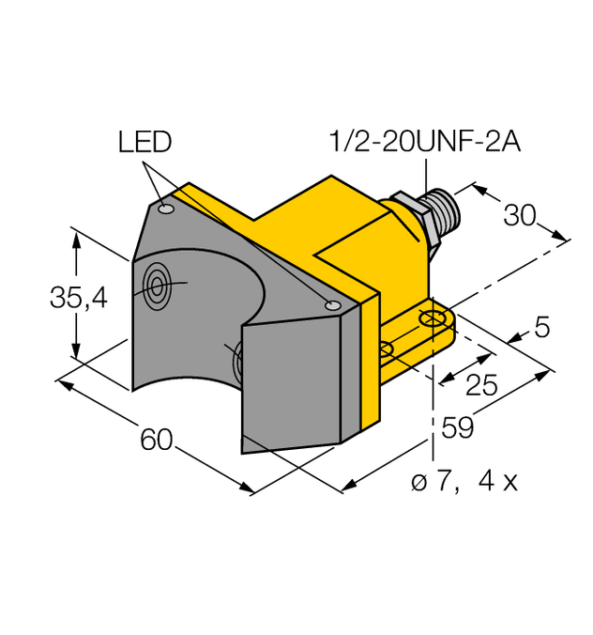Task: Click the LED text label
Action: tap(144, 142)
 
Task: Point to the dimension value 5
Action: tap(542, 328)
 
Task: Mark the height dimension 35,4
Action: tap(79, 299)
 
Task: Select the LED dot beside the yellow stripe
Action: tap(330, 304)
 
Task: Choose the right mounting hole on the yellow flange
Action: tap(433, 320)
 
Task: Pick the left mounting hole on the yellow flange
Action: tap(388, 349)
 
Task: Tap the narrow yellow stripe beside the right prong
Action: tap(369, 366)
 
